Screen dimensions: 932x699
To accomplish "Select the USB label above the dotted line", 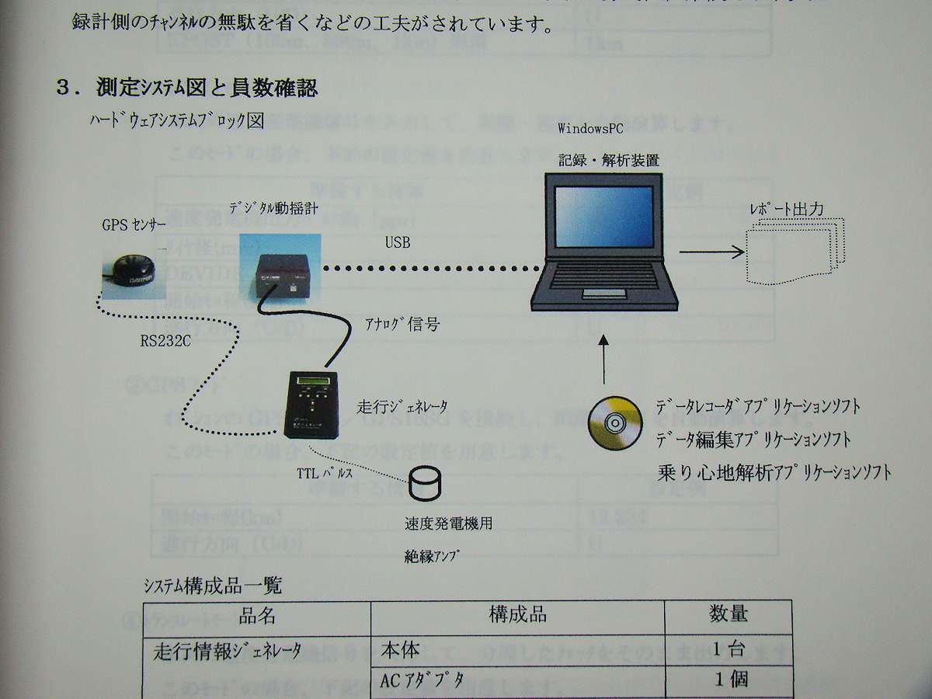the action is point(398,243).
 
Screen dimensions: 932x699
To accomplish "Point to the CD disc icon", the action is point(612,423).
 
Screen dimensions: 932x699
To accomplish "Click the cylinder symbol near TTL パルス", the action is point(426,485).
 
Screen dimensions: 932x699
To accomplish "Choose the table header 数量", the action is point(728,614).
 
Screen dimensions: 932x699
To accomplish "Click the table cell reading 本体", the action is point(401,649).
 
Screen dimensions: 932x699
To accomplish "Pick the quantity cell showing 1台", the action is point(730,650).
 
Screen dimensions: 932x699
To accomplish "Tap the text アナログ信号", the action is point(402,324).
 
